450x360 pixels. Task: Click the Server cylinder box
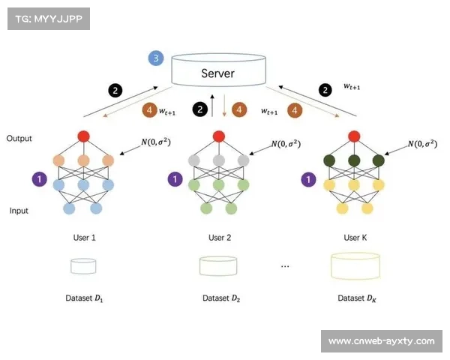pyautogui.click(x=217, y=72)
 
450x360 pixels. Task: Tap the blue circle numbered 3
pyautogui.click(x=156, y=58)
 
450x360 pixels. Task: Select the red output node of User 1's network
pyautogui.click(x=83, y=136)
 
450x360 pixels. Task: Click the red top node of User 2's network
pyautogui.click(x=218, y=136)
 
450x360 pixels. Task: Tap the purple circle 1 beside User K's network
pyautogui.click(x=307, y=179)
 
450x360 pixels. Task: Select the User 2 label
pyautogui.click(x=220, y=237)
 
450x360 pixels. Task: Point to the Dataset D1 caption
pyautogui.click(x=83, y=298)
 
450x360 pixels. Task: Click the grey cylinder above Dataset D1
pyautogui.click(x=83, y=265)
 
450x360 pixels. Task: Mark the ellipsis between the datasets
pyautogui.click(x=285, y=266)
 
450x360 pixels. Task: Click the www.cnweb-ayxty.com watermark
pyautogui.click(x=381, y=341)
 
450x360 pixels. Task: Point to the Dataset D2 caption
pyautogui.click(x=220, y=298)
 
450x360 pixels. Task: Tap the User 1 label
pyautogui.click(x=83, y=237)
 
